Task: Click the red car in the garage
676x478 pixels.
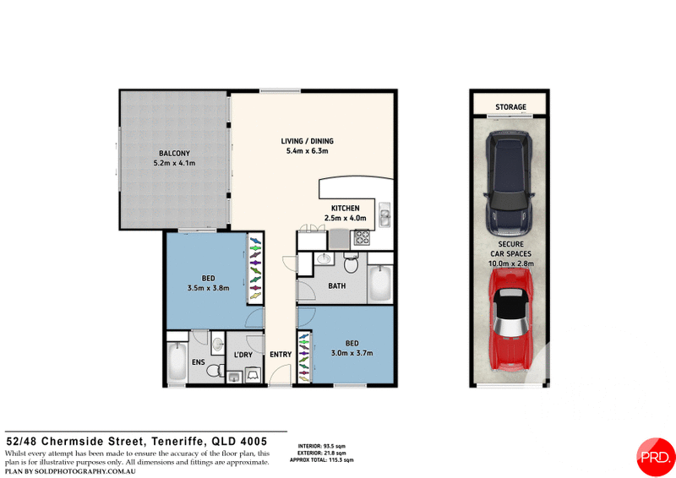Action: pos(510,319)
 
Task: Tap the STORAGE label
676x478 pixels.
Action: pos(510,106)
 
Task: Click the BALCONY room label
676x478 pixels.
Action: pos(174,153)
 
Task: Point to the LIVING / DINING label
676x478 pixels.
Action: pos(307,141)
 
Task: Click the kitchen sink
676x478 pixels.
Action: pos(384,215)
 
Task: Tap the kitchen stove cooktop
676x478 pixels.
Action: pos(362,237)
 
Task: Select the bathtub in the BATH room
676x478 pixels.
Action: pos(379,283)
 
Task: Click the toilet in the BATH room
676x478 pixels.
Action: pos(351,263)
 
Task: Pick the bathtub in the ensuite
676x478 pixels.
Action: pos(177,361)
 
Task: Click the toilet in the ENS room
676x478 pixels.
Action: pos(215,370)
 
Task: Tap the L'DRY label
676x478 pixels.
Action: pos(243,355)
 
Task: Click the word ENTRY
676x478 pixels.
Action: pos(281,355)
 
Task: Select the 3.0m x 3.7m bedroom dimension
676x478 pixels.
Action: pos(352,353)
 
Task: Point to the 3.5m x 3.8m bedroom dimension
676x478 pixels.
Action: pos(208,288)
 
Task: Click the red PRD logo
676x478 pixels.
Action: pos(656,457)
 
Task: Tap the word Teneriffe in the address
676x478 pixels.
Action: pos(177,442)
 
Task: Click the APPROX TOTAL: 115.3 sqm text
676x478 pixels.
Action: pos(322,460)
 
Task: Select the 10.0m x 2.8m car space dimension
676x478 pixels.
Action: pos(511,263)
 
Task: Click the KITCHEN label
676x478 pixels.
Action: pos(346,209)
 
